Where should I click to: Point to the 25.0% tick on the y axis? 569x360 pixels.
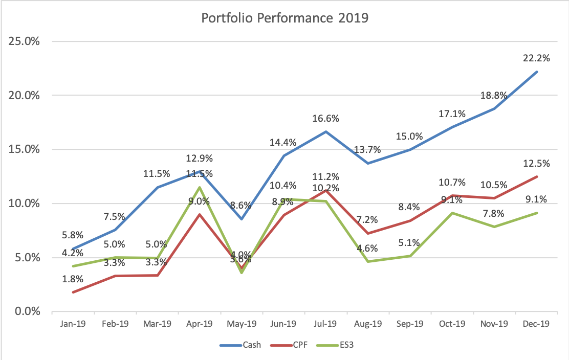(x=24, y=41)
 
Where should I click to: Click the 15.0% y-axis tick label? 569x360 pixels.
(x=24, y=149)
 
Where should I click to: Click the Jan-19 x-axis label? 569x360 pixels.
(x=72, y=324)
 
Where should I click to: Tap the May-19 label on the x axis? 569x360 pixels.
(x=241, y=324)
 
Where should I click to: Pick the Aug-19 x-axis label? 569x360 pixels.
(x=368, y=324)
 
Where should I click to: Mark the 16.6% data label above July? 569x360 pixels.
(x=325, y=119)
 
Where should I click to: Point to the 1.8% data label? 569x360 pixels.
(x=72, y=280)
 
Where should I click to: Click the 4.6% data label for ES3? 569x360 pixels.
(x=368, y=249)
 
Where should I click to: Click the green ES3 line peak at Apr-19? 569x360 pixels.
(x=199, y=187)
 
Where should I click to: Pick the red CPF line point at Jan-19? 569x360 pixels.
(x=72, y=292)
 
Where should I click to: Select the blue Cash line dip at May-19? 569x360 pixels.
(x=241, y=219)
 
